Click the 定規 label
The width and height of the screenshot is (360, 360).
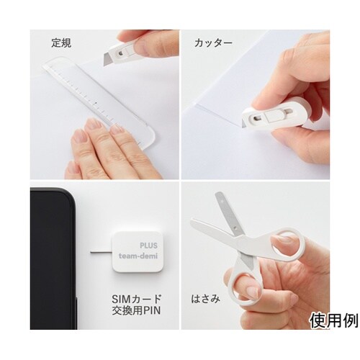[x=61, y=43]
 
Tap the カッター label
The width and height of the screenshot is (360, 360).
[x=213, y=43]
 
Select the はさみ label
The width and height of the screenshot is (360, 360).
[x=205, y=299]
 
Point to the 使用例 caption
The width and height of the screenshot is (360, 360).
[x=334, y=321]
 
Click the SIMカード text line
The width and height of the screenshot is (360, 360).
[x=137, y=300]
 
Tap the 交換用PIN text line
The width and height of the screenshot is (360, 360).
[x=136, y=311]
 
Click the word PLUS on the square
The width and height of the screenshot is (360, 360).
[x=149, y=246]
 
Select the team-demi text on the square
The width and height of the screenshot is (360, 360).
[x=138, y=256]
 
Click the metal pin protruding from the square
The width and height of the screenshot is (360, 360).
[x=102, y=252]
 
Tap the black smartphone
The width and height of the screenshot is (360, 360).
[x=53, y=258]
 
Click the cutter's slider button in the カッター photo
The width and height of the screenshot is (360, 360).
[x=271, y=117]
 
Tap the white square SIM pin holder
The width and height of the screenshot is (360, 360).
[x=138, y=252]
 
